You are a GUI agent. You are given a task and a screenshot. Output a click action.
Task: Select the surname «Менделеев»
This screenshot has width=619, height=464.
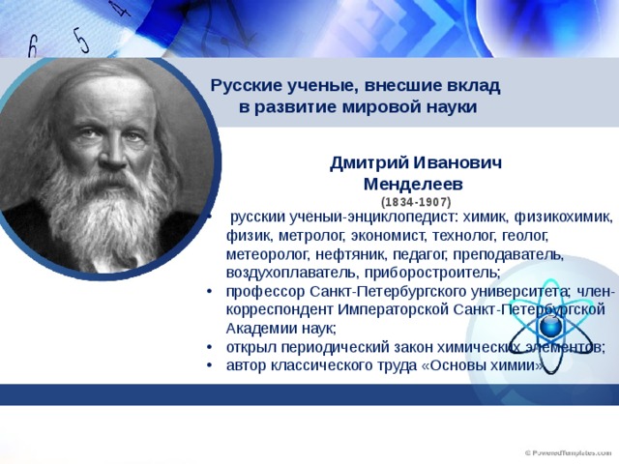tap(413, 185)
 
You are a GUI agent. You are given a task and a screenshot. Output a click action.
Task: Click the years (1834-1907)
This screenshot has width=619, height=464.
tap(416, 202)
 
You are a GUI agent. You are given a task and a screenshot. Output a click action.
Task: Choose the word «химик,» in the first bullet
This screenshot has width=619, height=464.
tap(486, 217)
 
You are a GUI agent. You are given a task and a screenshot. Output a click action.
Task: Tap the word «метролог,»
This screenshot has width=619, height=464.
tap(312, 236)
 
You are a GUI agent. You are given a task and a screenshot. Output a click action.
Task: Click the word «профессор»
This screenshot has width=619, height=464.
tap(266, 292)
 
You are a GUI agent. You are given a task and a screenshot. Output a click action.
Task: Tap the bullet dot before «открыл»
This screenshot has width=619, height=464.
tap(209, 348)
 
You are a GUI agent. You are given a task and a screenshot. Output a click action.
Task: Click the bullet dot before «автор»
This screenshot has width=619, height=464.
tap(209, 365)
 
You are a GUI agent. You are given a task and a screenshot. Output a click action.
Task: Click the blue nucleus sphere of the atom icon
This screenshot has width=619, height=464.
tap(550, 327)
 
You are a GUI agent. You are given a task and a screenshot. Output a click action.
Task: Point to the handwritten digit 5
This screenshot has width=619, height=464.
tap(81, 41)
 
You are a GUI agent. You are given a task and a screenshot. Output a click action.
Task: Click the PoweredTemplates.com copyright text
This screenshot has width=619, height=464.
tap(568, 453)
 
